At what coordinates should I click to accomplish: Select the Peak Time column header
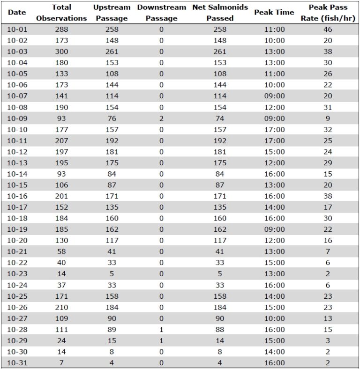pyautogui.click(x=274, y=13)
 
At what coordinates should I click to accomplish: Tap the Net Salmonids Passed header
pyautogui.click(x=220, y=13)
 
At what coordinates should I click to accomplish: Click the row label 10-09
pyautogui.click(x=17, y=118)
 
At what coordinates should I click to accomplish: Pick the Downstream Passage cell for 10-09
pyautogui.click(x=161, y=118)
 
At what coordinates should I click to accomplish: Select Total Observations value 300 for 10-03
pyautogui.click(x=61, y=52)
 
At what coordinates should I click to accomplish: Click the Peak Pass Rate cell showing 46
pyautogui.click(x=328, y=29)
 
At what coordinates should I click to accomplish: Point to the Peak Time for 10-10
pyautogui.click(x=274, y=130)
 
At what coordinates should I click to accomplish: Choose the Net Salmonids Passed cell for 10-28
pyautogui.click(x=220, y=330)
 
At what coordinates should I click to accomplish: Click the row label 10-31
pyautogui.click(x=17, y=363)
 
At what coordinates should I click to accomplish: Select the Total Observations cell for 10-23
pyautogui.click(x=61, y=274)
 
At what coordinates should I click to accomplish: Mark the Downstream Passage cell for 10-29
pyautogui.click(x=161, y=341)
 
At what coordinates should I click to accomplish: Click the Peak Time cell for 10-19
pyautogui.click(x=274, y=229)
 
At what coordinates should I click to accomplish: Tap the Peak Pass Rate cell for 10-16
pyautogui.click(x=328, y=196)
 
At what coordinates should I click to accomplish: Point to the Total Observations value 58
pyautogui.click(x=61, y=252)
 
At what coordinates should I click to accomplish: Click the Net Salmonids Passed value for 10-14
pyautogui.click(x=220, y=174)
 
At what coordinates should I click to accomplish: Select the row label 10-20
pyautogui.click(x=17, y=241)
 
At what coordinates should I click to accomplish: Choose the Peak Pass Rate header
pyautogui.click(x=328, y=13)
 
